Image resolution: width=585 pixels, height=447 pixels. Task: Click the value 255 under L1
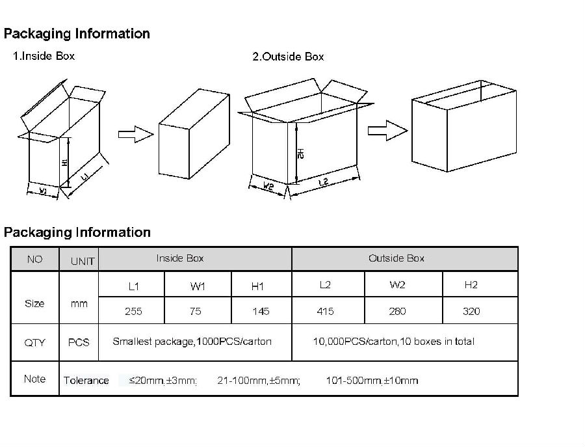(x=133, y=311)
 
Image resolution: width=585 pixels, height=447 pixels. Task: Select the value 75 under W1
(x=196, y=311)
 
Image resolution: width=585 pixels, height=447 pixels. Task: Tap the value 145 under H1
(x=261, y=311)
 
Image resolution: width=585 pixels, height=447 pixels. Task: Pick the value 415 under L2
(x=325, y=311)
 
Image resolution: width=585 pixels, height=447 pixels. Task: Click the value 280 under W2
(x=397, y=311)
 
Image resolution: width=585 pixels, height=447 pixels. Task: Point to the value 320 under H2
(x=471, y=311)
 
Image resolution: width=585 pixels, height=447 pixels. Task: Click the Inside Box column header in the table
(x=180, y=258)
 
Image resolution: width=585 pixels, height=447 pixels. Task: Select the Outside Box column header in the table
(x=396, y=258)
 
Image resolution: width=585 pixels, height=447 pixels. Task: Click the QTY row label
(x=34, y=342)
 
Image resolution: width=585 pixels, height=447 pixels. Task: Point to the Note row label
(x=34, y=379)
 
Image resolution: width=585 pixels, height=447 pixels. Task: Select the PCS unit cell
(x=79, y=342)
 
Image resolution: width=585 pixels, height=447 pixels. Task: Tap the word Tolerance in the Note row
(x=86, y=381)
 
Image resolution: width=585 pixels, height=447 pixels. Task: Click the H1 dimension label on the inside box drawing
(x=65, y=162)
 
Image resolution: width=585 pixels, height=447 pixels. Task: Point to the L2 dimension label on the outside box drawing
(x=323, y=183)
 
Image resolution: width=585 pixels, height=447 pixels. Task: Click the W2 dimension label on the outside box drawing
(x=268, y=187)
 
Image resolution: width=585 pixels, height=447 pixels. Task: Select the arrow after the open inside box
(x=135, y=134)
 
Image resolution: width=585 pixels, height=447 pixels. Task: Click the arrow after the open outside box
(x=386, y=130)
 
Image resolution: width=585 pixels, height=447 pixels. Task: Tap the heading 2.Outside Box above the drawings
(x=288, y=57)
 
